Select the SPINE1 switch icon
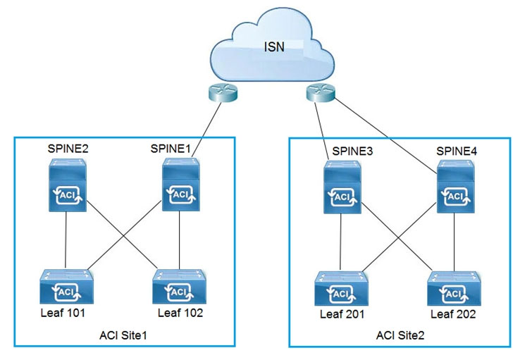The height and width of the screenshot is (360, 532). (x=180, y=185)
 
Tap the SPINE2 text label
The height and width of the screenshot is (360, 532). (x=68, y=150)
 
